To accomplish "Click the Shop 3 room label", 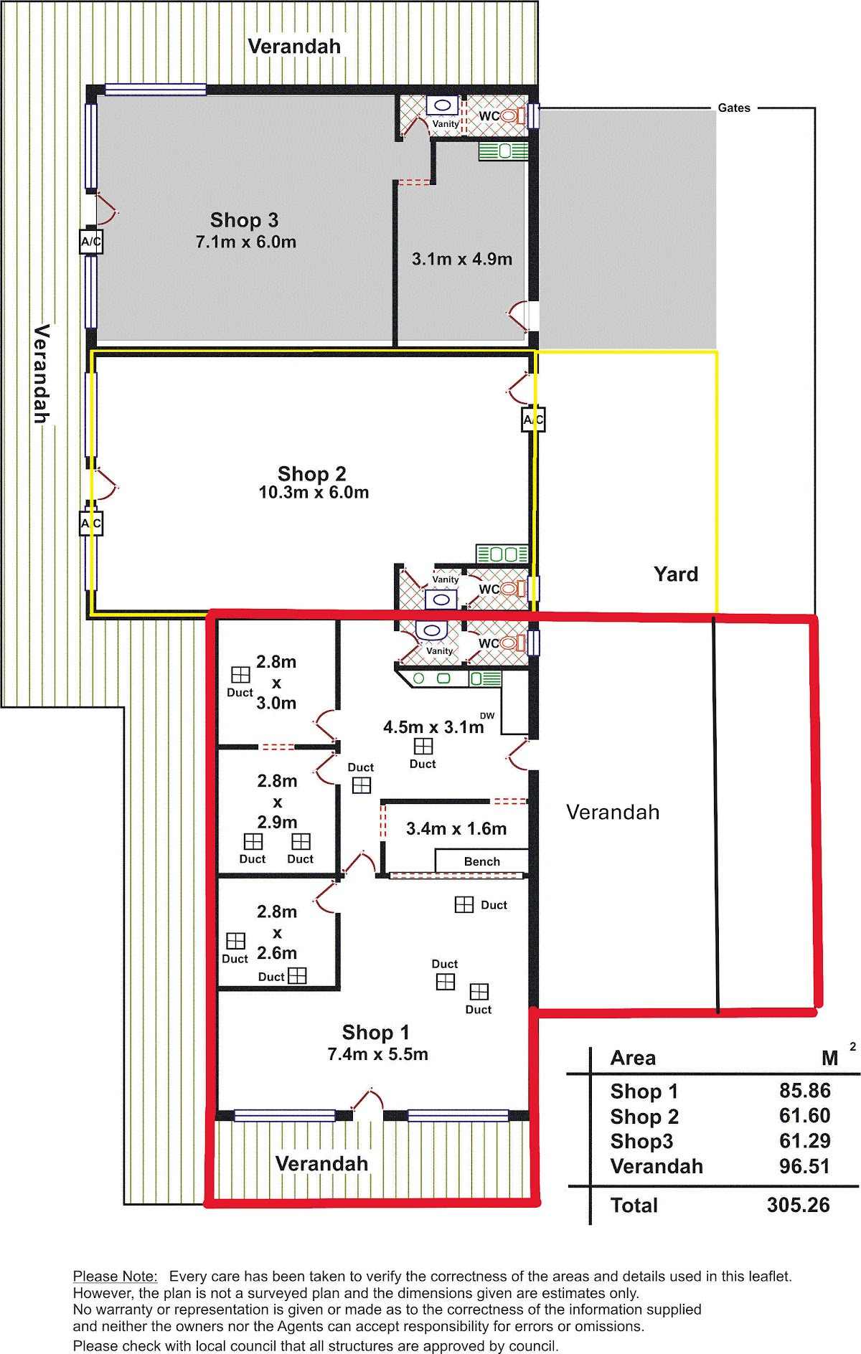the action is tap(244, 220).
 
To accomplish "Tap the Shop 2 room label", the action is tap(311, 473).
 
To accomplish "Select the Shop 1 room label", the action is tap(375, 1032).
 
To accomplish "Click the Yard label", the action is tap(676, 574).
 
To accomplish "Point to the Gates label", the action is tap(734, 108).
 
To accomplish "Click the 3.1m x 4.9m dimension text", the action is tap(462, 259).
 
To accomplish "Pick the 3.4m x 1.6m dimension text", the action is tap(456, 829).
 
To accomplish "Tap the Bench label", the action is tap(482, 861).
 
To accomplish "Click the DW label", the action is tap(487, 716).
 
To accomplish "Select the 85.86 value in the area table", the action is tap(804, 1091).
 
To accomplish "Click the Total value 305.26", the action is tap(798, 1205).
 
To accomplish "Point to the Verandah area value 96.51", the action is tap(804, 1166).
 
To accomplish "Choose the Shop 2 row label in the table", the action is tap(644, 1117).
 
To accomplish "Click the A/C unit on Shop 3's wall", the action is tap(91, 242).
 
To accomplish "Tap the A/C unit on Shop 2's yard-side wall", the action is tap(533, 420).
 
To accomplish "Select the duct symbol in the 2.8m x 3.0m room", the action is tap(240, 675).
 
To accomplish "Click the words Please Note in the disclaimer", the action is tap(115, 1277).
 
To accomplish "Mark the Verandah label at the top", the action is tap(294, 47).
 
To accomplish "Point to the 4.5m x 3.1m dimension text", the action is tap(433, 727).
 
